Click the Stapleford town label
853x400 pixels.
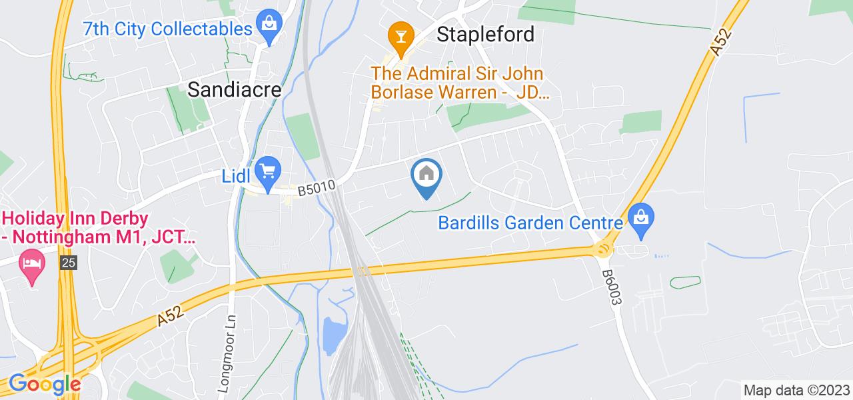(485, 34)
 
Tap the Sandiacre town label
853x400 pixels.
(235, 89)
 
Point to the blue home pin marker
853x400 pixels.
(426, 176)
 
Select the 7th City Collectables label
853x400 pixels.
(167, 29)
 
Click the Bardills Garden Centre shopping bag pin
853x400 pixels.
(641, 219)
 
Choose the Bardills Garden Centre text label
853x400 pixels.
(530, 223)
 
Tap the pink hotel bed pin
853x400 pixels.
(32, 260)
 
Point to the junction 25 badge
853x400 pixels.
(68, 263)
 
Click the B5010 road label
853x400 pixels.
(315, 187)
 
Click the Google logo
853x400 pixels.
(44, 384)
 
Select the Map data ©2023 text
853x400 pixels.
(796, 390)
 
